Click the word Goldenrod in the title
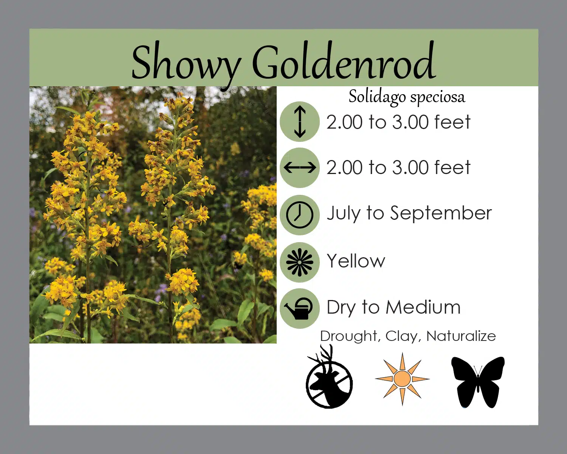click(344, 60)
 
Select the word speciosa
click(438, 98)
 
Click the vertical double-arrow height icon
click(300, 121)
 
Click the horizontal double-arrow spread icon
click(300, 168)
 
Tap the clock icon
click(300, 215)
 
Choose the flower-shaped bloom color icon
click(300, 262)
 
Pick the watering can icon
click(299, 308)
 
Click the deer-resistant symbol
click(329, 377)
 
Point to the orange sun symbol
click(402, 379)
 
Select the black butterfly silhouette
click(478, 382)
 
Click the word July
click(344, 213)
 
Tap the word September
click(441, 213)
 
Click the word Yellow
click(356, 261)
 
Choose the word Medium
click(423, 307)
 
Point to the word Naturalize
click(461, 336)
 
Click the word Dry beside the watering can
click(341, 308)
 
